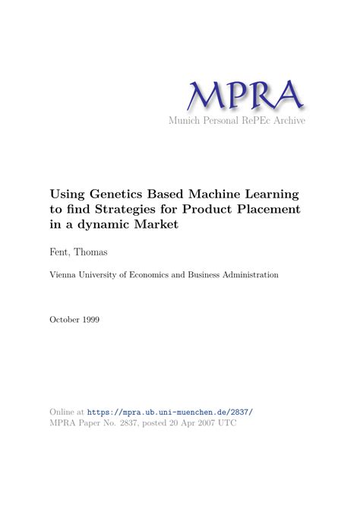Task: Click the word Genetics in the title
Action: coord(124,194)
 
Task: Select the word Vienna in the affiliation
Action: coord(65,275)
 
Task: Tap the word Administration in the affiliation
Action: coord(245,275)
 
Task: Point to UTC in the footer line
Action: coord(226,422)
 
